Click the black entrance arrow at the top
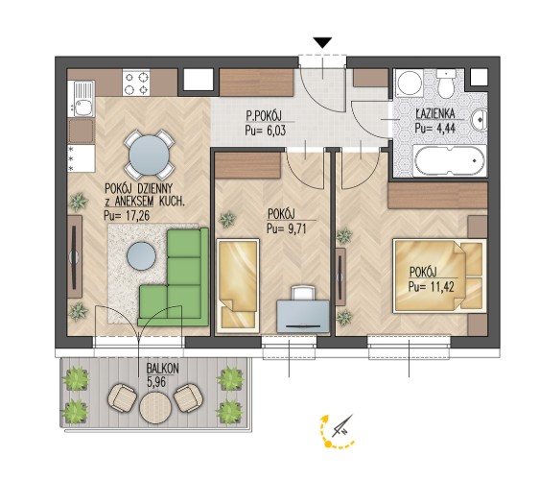(x=323, y=42)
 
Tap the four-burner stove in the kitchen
(x=136, y=83)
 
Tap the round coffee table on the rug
(x=141, y=256)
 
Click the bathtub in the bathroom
(x=450, y=160)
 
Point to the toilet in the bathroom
(x=446, y=84)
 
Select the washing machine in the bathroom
(x=410, y=84)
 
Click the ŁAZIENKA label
(x=435, y=113)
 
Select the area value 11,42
(x=442, y=286)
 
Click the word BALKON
(x=163, y=369)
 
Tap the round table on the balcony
(x=155, y=408)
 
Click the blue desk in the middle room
(x=303, y=317)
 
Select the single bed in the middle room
(x=238, y=286)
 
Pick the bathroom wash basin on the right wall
(x=480, y=119)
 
